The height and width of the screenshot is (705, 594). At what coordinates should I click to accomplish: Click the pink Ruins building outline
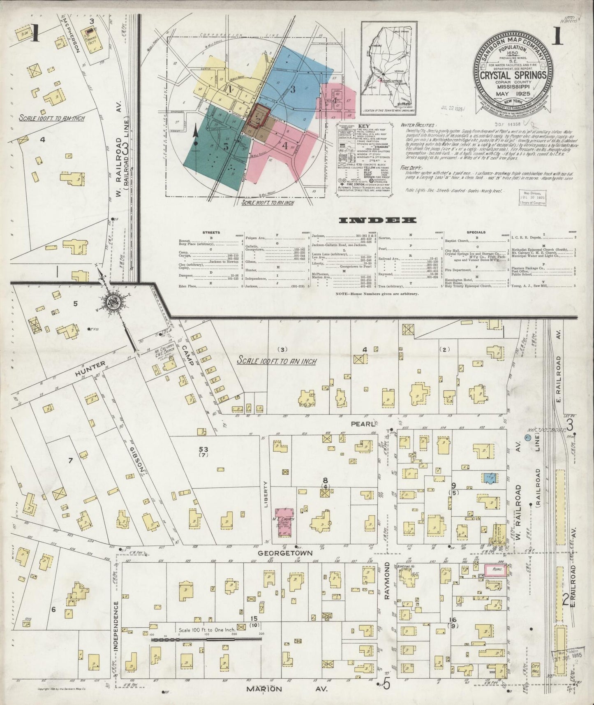click(495, 570)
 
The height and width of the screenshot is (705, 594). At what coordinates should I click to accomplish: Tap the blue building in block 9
click(489, 478)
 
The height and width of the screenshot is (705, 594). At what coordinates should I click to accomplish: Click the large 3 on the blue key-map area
click(293, 90)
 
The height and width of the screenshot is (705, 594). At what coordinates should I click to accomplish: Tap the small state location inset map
click(388, 68)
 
